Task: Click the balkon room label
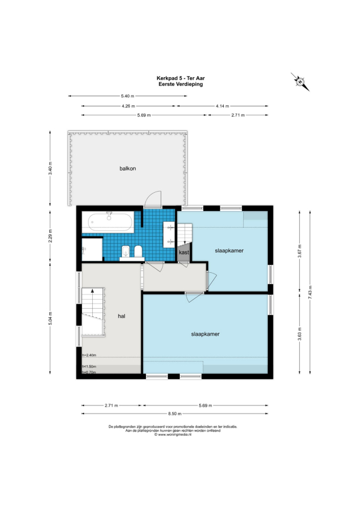tap(128, 169)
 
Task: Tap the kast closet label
tap(184, 252)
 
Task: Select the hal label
tap(121, 316)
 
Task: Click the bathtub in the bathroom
tap(110, 222)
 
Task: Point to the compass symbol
tap(300, 81)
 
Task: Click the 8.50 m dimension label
tap(175, 413)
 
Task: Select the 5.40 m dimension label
tap(128, 96)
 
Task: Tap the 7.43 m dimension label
tap(310, 292)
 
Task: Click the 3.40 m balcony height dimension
tap(50, 168)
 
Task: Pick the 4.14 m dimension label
tap(222, 106)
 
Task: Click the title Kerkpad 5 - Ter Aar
tap(181, 78)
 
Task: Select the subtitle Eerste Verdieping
tap(181, 84)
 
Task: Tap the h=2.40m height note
tap(89, 355)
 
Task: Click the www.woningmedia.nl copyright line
tap(172, 434)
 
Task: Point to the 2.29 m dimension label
tap(50, 236)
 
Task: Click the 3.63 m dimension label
tap(299, 333)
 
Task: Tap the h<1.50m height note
tap(89, 367)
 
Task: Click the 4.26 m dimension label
tap(128, 106)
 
